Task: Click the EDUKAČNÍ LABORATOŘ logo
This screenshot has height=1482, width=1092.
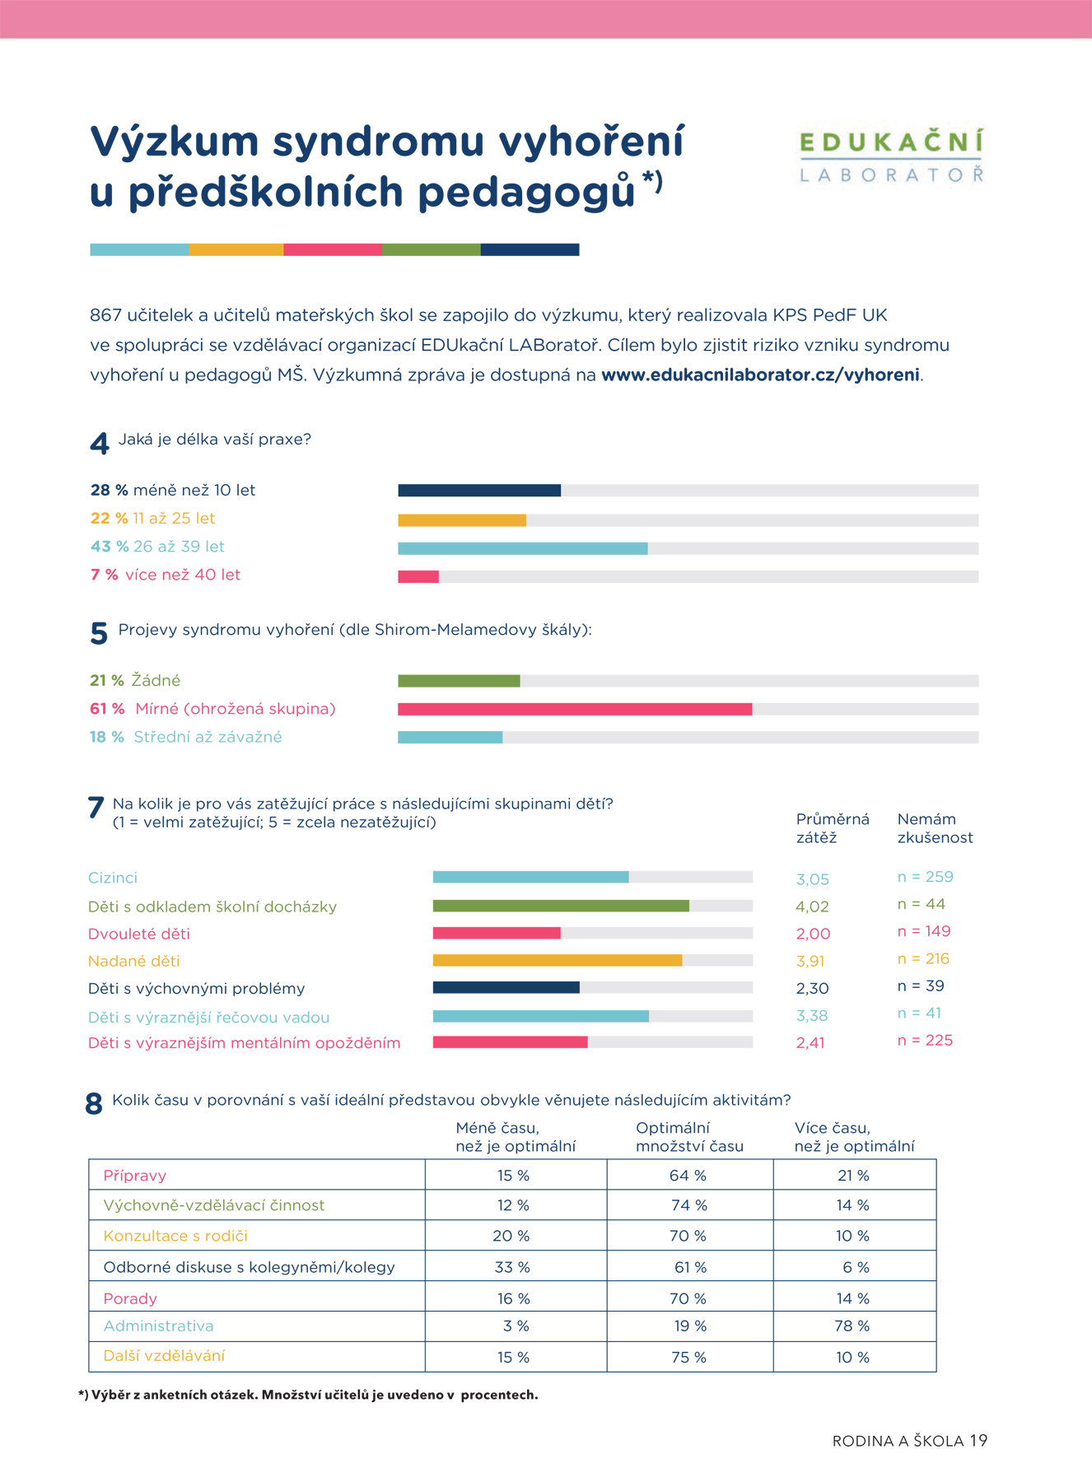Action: pos(892,155)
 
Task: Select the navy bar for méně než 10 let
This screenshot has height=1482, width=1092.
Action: pos(479,491)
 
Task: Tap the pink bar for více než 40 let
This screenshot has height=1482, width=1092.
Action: pos(418,576)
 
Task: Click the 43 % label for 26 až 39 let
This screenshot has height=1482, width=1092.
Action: pos(110,547)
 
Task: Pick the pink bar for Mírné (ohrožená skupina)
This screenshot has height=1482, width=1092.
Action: pos(575,709)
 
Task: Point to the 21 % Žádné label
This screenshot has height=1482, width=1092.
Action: pos(135,681)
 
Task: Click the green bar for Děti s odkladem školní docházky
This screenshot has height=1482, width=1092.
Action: pos(561,906)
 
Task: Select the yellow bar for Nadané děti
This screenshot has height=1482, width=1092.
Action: pos(558,960)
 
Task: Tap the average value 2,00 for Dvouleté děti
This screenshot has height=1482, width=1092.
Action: pos(813,934)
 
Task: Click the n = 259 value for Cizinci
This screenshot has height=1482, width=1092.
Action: pos(926,877)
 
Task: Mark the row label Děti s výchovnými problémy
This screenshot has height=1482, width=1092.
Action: pos(197,988)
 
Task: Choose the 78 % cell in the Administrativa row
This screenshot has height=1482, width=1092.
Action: pos(852,1326)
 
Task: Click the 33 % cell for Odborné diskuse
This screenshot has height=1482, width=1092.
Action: pos(512,1267)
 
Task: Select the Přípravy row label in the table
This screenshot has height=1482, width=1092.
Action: pos(135,1176)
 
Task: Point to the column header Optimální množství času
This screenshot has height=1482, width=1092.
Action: pos(689,1137)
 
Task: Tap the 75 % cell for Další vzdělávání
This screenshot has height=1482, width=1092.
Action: pos(688,1358)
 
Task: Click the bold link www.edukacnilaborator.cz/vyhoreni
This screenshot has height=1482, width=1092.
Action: pos(760,375)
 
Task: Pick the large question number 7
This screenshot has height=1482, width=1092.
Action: pos(96,808)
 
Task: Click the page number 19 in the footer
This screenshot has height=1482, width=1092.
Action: pos(978,1441)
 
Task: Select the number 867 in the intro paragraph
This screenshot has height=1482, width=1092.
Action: pos(105,315)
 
